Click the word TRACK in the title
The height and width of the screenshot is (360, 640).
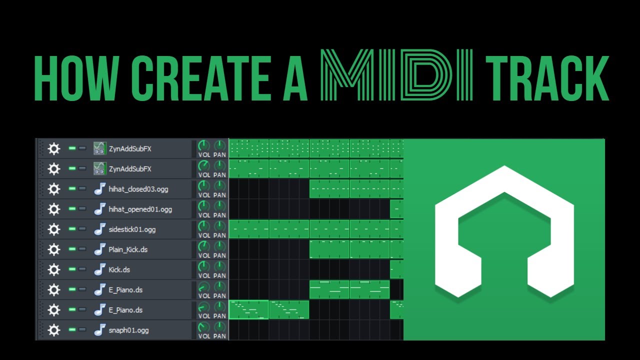(x=547, y=79)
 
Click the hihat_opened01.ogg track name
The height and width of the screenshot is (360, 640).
(x=140, y=209)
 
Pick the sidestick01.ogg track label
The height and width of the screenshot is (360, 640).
(x=132, y=229)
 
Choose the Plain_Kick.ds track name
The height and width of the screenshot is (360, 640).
(x=128, y=249)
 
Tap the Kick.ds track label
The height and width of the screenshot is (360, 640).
(x=119, y=269)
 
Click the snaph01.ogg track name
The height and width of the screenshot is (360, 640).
(x=128, y=330)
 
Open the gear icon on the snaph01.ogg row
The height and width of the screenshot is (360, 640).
(x=54, y=330)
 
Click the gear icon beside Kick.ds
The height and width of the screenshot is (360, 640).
(x=54, y=269)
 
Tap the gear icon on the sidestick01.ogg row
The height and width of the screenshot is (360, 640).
(x=54, y=229)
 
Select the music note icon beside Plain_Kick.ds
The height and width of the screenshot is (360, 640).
(x=100, y=249)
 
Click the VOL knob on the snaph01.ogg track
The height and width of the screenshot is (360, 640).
(x=204, y=327)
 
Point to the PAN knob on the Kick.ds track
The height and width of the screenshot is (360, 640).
(x=219, y=266)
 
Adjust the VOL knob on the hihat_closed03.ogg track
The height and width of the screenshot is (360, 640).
(x=204, y=186)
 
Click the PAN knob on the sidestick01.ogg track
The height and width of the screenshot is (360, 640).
(x=219, y=226)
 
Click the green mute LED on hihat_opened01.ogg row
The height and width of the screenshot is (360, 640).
(x=72, y=209)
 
